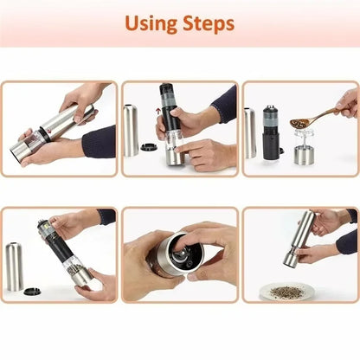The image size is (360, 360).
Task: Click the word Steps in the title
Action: (x=207, y=23)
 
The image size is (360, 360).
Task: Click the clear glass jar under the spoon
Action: (x=305, y=147)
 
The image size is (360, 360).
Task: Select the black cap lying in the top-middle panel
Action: (x=148, y=147)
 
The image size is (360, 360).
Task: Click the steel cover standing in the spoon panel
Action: (x=250, y=132)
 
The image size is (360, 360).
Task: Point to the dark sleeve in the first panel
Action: (x=97, y=140)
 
